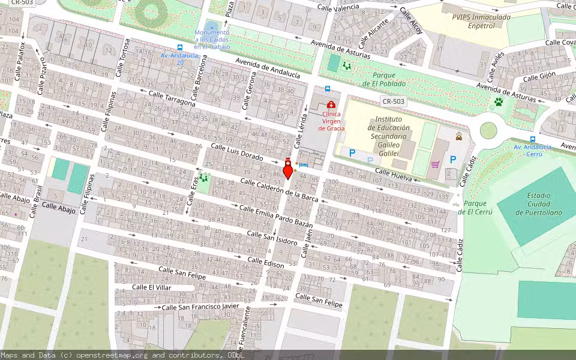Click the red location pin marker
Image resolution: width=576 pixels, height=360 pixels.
coord(287,172)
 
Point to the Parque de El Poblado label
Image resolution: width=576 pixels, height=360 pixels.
coord(384,79)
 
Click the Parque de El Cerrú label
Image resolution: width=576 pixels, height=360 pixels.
coord(475,208)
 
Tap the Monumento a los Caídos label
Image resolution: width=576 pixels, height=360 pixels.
coord(211,40)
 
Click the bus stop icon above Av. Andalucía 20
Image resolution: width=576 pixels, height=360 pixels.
coord(180,47)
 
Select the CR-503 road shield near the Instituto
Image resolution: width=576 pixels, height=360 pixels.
coord(394,101)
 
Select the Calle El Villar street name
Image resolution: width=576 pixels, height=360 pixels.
coord(152,287)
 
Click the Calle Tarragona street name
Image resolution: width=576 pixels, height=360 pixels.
coord(172,99)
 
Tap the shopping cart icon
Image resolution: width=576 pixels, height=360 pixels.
coord(436,164)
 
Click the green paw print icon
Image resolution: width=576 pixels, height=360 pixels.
coord(498,102)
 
